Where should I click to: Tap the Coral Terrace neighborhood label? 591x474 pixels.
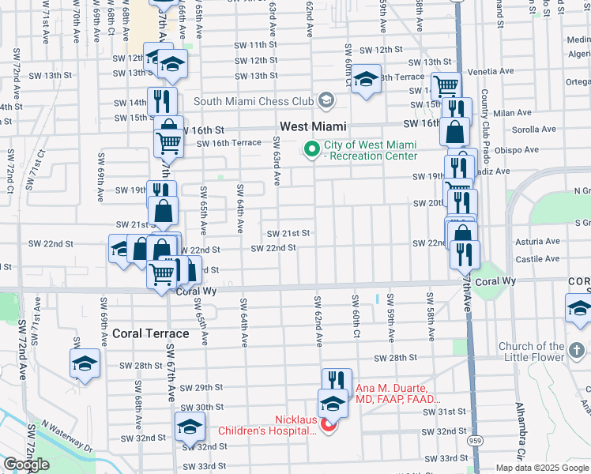click(150, 333)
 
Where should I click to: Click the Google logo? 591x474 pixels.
click(26, 465)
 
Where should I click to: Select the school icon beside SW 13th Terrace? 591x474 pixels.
click(366, 79)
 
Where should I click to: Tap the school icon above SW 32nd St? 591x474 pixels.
click(190, 427)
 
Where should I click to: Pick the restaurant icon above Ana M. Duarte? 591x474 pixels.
click(337, 381)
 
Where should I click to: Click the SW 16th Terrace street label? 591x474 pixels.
click(229, 143)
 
